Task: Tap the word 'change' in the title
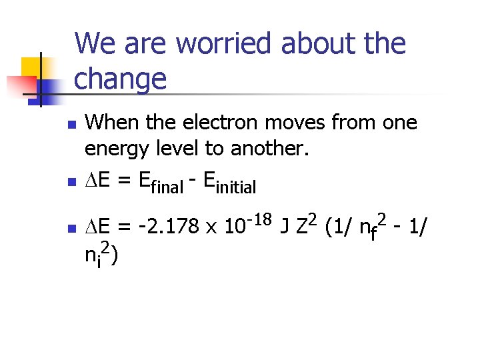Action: coord(121,79)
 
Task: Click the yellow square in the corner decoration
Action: coord(32,67)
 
